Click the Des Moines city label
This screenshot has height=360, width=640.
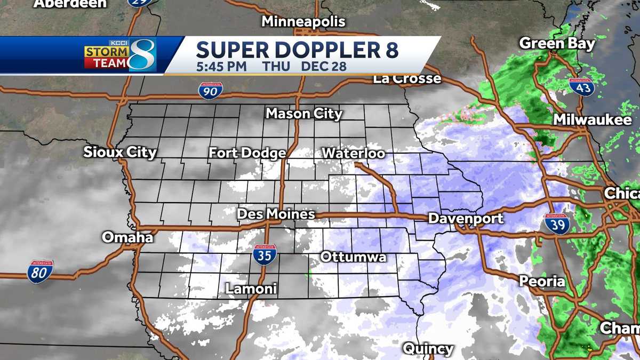[x=276, y=214]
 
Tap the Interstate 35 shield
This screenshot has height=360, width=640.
[x=265, y=254]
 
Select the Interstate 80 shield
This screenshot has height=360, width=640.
[x=41, y=271]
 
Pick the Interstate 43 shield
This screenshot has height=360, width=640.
[x=581, y=86]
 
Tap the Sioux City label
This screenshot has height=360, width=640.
[x=120, y=153]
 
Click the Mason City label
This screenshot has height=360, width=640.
[x=304, y=114]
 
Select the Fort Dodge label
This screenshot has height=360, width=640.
[x=247, y=153]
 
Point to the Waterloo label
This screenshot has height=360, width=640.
[x=353, y=153]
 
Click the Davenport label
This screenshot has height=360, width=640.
[x=466, y=218]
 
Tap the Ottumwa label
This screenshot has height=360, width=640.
[x=353, y=257]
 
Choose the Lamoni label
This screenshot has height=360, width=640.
[x=251, y=289]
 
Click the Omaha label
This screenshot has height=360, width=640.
[x=127, y=237]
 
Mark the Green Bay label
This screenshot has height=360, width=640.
[x=557, y=43]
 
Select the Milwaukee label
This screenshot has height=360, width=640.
[x=592, y=120]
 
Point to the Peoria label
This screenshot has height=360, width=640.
[x=542, y=281]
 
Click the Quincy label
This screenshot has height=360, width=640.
[x=428, y=349]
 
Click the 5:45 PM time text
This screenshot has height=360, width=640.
[x=221, y=67]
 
